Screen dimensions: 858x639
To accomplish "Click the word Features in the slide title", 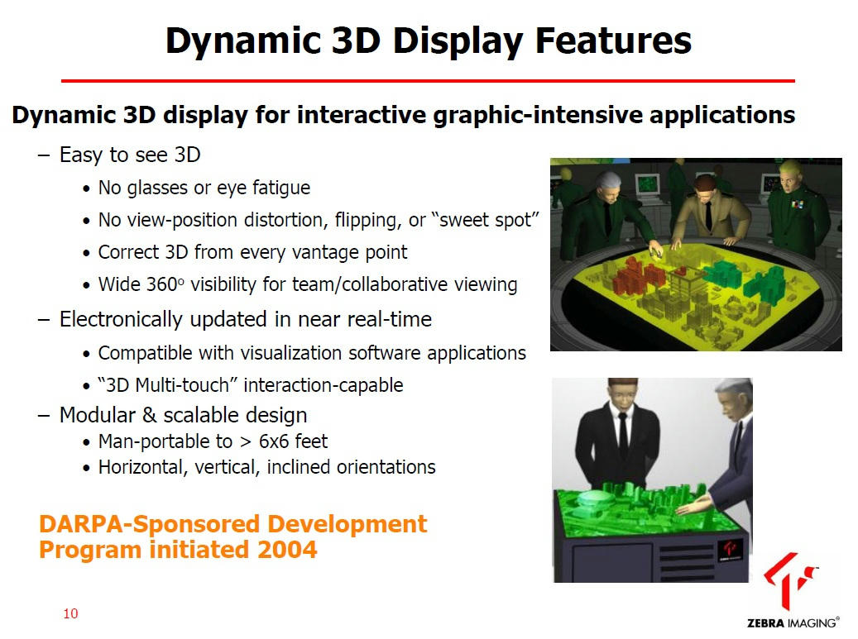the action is pyautogui.click(x=613, y=41).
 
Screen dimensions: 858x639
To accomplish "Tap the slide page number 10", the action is pyautogui.click(x=70, y=613).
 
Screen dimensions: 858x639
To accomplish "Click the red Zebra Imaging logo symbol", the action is pyautogui.click(x=789, y=580).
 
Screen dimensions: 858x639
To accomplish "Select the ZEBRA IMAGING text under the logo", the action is pyautogui.click(x=793, y=622).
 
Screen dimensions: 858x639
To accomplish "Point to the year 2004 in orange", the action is pyautogui.click(x=287, y=550).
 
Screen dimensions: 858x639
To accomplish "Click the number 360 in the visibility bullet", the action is pyautogui.click(x=161, y=284).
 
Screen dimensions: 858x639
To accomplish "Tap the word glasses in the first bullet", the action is pyautogui.click(x=157, y=188).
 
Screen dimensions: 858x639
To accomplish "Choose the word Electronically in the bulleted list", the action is pyautogui.click(x=120, y=319).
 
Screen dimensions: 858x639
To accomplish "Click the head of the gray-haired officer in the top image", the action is pyautogui.click(x=608, y=186).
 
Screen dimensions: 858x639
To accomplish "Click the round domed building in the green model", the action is pyautogui.click(x=589, y=498).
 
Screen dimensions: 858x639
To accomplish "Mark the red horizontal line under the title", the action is pyautogui.click(x=428, y=81).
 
